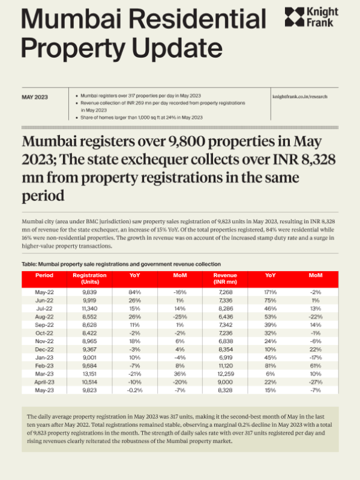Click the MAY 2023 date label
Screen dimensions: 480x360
(35, 96)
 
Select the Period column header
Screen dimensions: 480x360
(44, 275)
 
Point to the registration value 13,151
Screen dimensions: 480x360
(89, 373)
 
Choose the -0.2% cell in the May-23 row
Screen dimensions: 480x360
(135, 389)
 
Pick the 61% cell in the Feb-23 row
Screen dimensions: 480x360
(316, 364)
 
